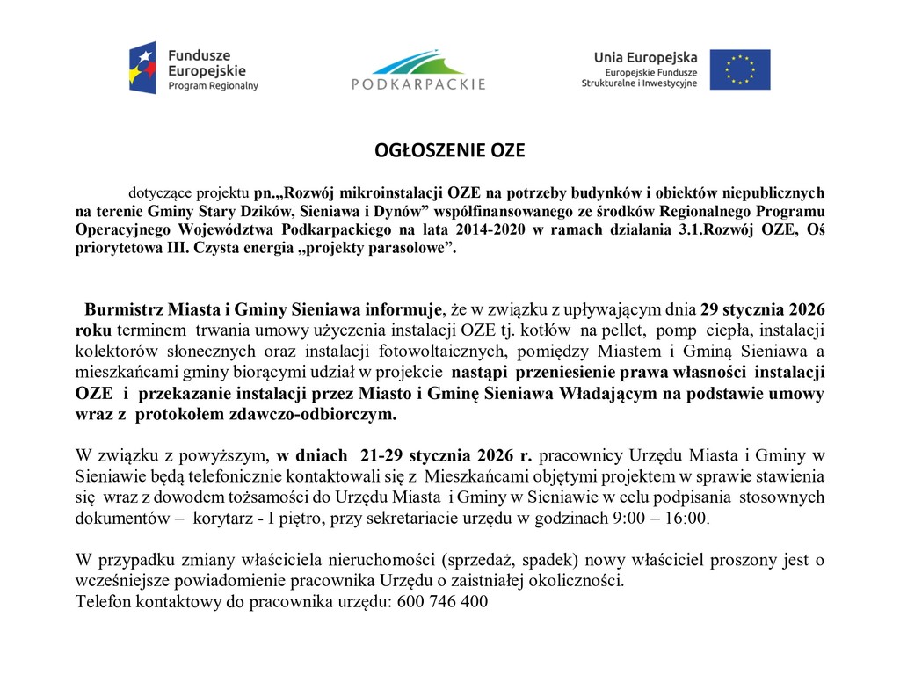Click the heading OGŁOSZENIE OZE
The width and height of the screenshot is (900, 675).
click(x=449, y=151)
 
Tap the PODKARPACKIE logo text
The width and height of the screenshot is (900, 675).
click(x=418, y=85)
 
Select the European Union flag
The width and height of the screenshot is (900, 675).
click(x=740, y=69)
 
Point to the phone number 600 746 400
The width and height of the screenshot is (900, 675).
click(x=442, y=602)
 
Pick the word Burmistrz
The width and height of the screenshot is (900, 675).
click(x=122, y=310)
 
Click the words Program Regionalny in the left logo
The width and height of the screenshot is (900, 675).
click(x=214, y=85)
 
